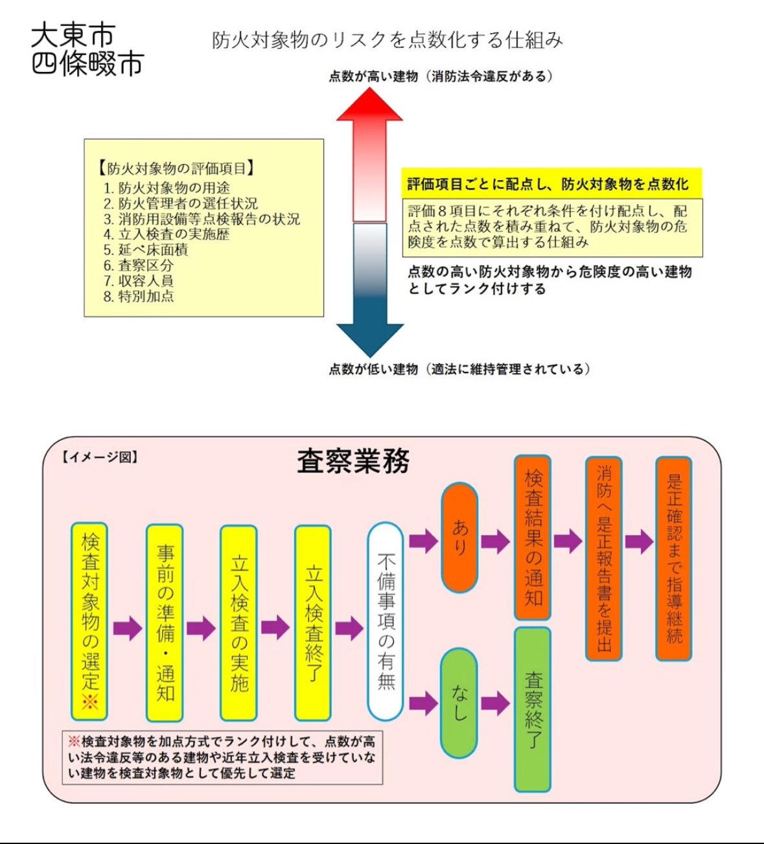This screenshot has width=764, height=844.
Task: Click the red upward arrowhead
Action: (x=369, y=107)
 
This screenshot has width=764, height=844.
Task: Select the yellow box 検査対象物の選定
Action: (x=89, y=621)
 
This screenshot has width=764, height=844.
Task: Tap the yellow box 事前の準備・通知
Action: (x=165, y=622)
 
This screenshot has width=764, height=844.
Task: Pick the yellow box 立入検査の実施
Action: (x=239, y=622)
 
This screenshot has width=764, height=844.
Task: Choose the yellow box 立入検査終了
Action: (x=313, y=622)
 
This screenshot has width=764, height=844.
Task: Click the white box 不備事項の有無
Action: (x=386, y=621)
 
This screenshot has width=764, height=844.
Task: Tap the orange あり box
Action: (x=459, y=538)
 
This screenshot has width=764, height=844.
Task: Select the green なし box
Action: (x=459, y=703)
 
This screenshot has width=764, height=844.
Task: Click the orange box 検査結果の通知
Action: (x=533, y=538)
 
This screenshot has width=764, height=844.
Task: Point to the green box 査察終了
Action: (x=533, y=709)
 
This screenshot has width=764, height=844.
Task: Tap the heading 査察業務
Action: (x=353, y=462)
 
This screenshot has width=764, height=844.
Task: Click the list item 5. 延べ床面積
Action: (x=146, y=250)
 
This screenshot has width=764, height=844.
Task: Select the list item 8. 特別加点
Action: (x=139, y=297)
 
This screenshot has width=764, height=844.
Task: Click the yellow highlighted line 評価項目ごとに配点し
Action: (x=551, y=185)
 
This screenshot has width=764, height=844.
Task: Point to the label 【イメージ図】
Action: (x=100, y=457)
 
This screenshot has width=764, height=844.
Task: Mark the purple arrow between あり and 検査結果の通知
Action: (x=496, y=542)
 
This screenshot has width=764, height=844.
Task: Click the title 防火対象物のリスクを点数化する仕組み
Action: (x=388, y=40)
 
